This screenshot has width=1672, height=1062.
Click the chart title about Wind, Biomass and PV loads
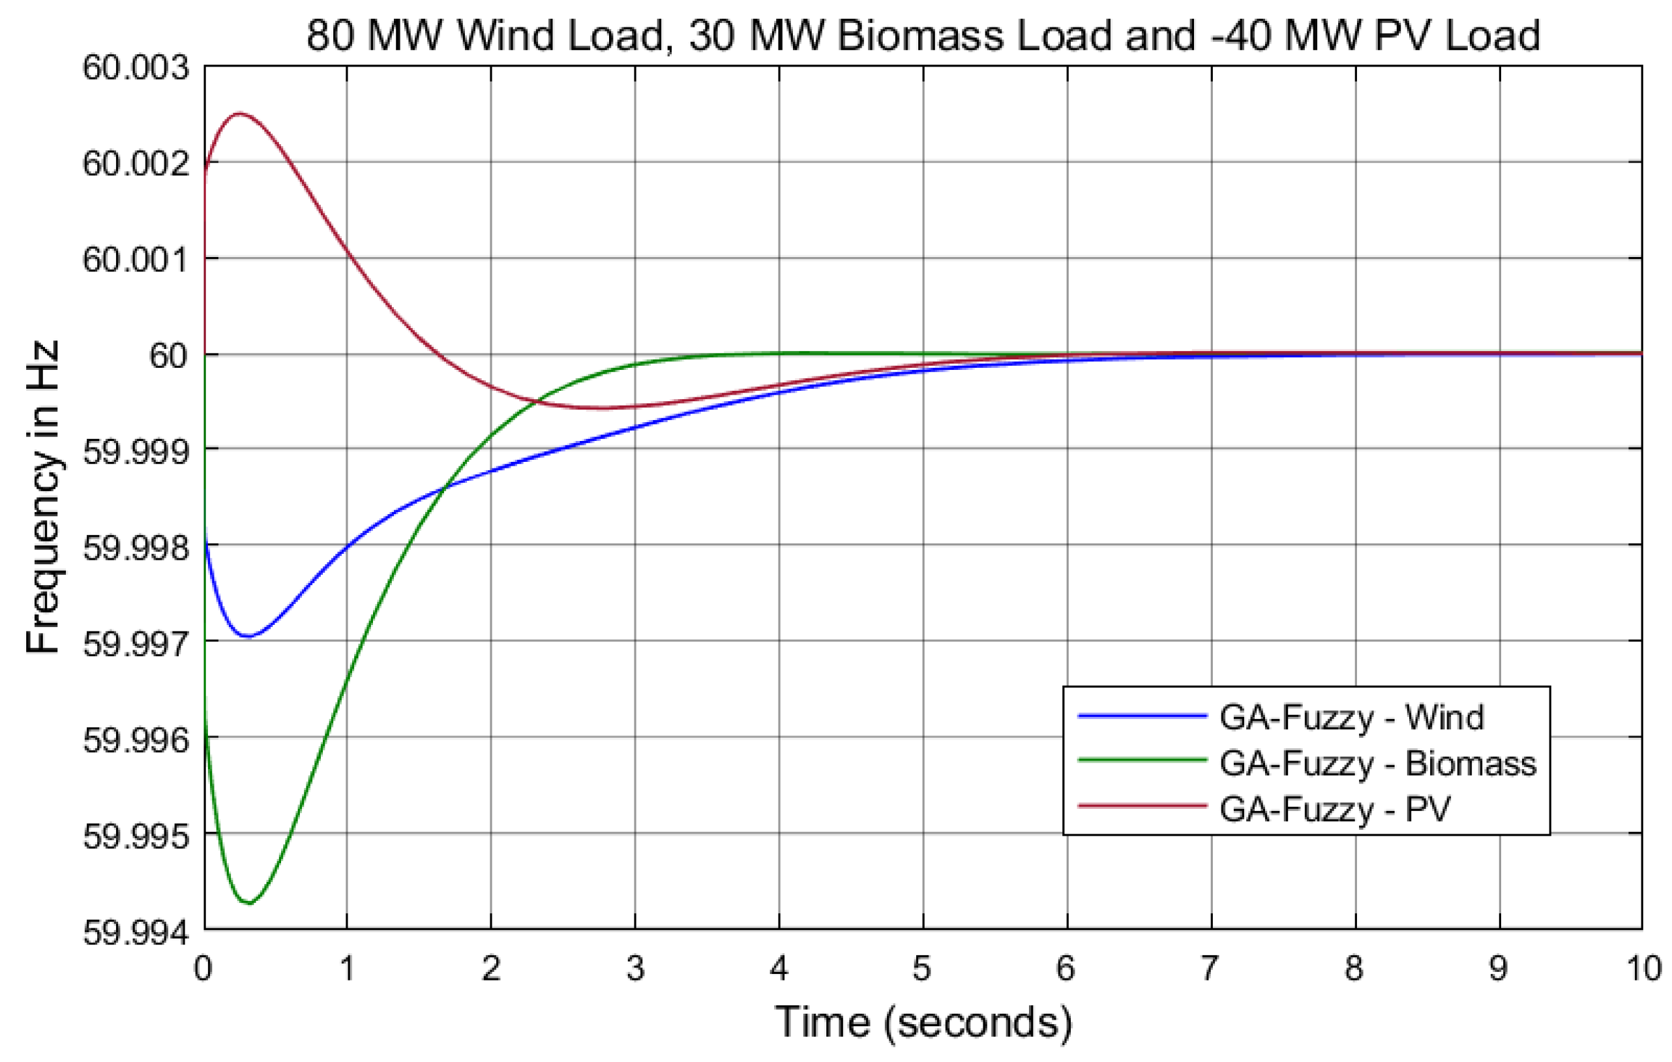(x=923, y=35)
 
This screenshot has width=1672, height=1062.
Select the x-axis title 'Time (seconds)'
(x=923, y=1022)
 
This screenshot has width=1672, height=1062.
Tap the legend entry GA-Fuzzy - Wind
(x=1351, y=717)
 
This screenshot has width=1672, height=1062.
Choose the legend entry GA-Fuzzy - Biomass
(x=1378, y=763)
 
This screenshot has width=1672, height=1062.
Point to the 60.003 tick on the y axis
(x=136, y=68)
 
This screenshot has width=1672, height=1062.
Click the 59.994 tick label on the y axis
(x=136, y=932)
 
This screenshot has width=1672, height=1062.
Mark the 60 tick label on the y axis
(x=168, y=356)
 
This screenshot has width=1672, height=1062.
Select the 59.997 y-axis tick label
(x=136, y=644)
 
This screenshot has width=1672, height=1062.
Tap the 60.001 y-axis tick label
(x=136, y=260)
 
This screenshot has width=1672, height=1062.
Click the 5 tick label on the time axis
(x=922, y=968)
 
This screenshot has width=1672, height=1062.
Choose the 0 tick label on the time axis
(x=203, y=968)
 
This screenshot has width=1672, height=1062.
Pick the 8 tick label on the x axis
(x=1354, y=968)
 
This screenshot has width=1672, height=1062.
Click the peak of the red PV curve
(x=239, y=114)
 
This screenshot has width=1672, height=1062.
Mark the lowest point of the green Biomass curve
(x=249, y=903)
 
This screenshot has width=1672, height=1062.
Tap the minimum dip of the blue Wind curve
(x=248, y=636)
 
